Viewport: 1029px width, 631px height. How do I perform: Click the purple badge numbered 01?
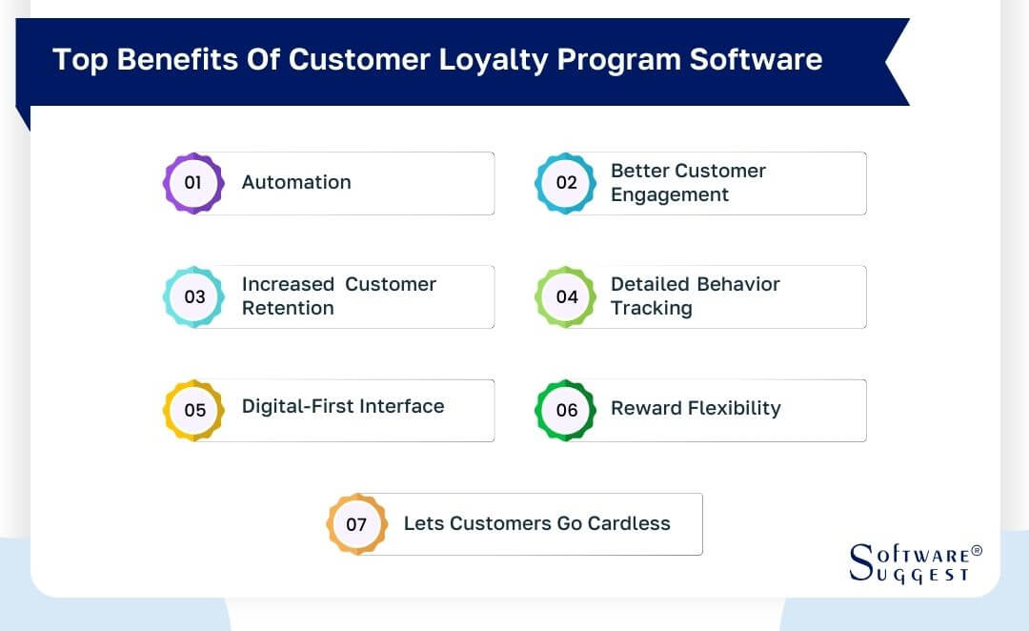(x=192, y=182)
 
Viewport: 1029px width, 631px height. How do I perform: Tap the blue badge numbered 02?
(x=566, y=182)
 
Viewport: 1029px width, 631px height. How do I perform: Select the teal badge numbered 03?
(x=193, y=296)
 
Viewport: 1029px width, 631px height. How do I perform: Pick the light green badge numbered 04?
(x=566, y=296)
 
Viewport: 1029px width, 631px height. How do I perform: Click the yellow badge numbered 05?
(x=194, y=410)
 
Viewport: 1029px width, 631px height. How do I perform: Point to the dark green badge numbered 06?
(x=566, y=410)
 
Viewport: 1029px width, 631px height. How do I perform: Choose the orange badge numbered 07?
(x=356, y=524)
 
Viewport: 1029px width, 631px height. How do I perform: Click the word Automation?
(x=296, y=182)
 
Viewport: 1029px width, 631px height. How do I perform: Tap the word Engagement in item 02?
(x=669, y=194)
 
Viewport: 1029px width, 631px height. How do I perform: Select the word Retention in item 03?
(x=288, y=308)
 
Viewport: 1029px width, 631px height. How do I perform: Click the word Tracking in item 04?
(x=651, y=308)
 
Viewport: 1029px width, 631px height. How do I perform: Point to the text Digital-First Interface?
(x=343, y=406)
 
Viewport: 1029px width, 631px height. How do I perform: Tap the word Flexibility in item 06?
(x=736, y=408)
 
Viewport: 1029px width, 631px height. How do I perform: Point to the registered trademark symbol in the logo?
(x=976, y=551)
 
